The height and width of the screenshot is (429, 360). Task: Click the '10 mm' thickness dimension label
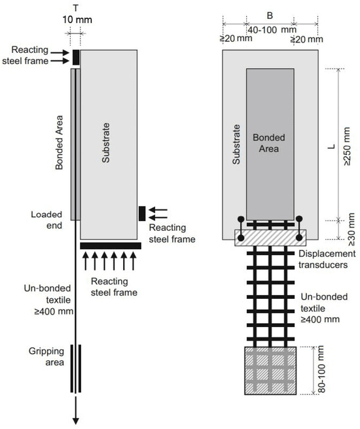click(x=76, y=20)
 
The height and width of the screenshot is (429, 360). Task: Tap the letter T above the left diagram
click(x=76, y=7)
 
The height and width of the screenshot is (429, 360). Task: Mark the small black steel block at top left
click(x=76, y=57)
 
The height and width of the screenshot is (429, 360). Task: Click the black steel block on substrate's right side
click(x=141, y=213)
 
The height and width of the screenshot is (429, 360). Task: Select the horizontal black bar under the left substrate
click(x=110, y=245)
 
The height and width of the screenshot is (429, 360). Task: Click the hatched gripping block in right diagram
click(x=270, y=370)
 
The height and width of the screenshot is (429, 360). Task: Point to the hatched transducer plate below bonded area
click(x=270, y=237)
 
